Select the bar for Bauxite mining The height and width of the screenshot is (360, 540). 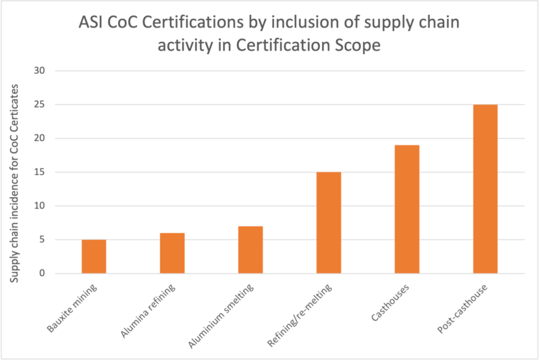point(94,257)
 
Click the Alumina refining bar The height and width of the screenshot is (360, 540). point(172,253)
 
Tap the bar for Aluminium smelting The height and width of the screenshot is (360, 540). point(250,250)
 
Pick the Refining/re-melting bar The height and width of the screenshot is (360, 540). point(329,223)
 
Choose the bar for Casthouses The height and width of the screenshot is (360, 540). point(407,209)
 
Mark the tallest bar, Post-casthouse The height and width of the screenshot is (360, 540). point(485,189)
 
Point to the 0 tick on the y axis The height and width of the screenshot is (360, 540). point(41,274)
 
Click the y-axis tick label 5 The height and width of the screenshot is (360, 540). point(41,240)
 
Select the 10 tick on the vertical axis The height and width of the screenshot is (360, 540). point(39,206)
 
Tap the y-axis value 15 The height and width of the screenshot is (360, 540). point(39,172)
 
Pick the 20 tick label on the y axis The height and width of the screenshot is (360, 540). point(39,138)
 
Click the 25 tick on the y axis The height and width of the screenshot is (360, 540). point(39,105)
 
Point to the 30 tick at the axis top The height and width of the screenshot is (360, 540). point(39,71)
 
